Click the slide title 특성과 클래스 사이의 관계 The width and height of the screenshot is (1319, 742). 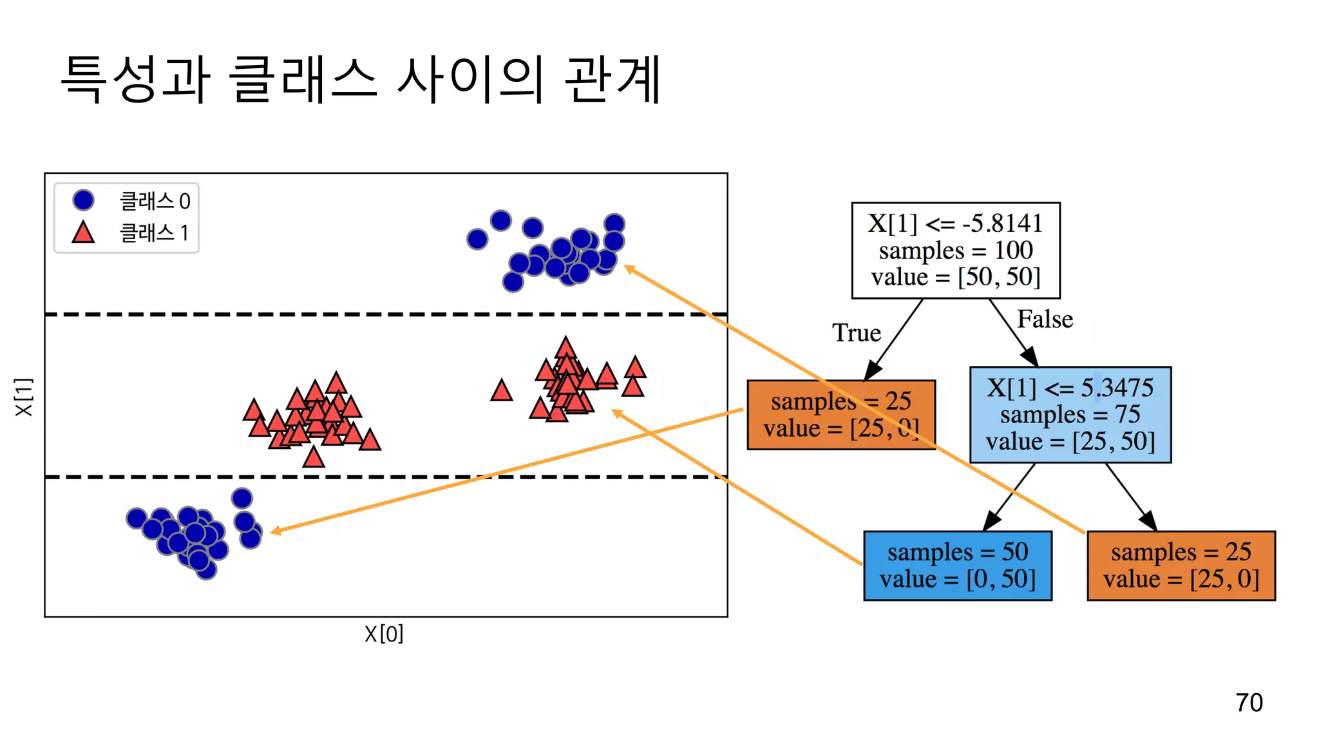[x=361, y=79]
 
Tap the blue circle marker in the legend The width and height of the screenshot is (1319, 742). [x=84, y=200]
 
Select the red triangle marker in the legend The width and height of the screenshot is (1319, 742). [x=83, y=233]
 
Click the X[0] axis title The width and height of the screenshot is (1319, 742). [x=384, y=634]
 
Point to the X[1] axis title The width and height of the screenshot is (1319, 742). [x=23, y=397]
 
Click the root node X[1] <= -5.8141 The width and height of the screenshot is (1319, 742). [x=955, y=250]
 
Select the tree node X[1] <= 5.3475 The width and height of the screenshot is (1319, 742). [x=1070, y=414]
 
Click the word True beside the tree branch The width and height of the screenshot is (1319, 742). [x=856, y=333]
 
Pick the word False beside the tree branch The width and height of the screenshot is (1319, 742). [x=1045, y=319]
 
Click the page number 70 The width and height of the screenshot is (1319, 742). [x=1249, y=702]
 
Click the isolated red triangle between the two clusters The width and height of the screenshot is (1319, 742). [x=501, y=391]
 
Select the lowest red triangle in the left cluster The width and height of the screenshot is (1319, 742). [x=314, y=457]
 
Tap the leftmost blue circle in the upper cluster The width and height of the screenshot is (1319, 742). [x=477, y=240]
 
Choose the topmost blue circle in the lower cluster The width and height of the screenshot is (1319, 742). [x=242, y=498]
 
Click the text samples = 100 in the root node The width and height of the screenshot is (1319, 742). [x=955, y=250]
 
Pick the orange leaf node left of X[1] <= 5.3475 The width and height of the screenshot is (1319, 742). [x=840, y=414]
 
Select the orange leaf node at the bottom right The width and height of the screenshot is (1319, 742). [x=1181, y=566]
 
